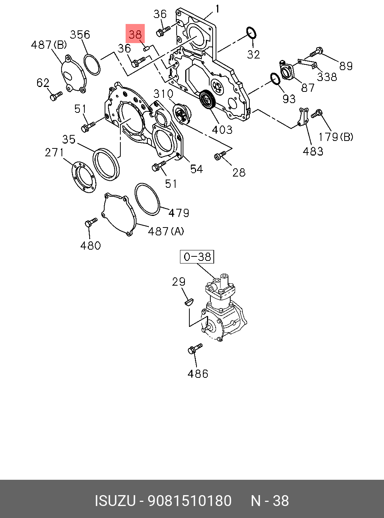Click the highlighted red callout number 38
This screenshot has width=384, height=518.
pyautogui.click(x=135, y=34)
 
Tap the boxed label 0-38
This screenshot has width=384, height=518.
pyautogui.click(x=197, y=257)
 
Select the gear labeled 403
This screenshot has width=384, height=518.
pyautogui.click(x=207, y=100)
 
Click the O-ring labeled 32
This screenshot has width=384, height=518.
pyautogui.click(x=251, y=33)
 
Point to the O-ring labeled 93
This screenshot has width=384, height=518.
pyautogui.click(x=275, y=79)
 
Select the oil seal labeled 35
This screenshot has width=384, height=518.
pyautogui.click(x=107, y=164)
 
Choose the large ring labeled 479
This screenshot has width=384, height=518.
pyautogui.click(x=147, y=199)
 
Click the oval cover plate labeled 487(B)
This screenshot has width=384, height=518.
pyautogui.click(x=73, y=74)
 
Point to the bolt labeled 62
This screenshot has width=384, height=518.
pyautogui.click(x=55, y=96)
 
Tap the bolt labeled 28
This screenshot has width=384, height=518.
pyautogui.click(x=219, y=155)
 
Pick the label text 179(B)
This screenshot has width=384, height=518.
pyautogui.click(x=336, y=137)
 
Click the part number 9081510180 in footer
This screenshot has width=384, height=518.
pyautogui.click(x=190, y=501)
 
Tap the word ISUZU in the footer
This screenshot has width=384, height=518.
pyautogui.click(x=115, y=501)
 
